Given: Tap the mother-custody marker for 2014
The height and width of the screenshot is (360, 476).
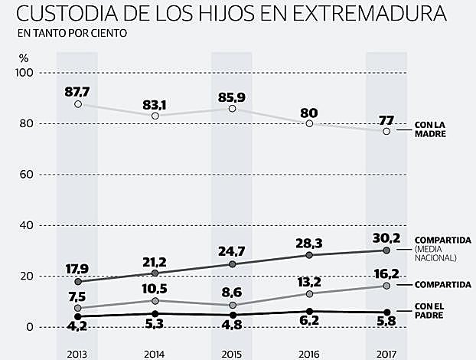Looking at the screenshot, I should click(155, 116).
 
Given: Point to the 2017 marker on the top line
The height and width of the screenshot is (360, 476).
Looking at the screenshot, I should click(386, 131).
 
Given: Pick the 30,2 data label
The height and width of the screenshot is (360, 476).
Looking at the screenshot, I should click(386, 237).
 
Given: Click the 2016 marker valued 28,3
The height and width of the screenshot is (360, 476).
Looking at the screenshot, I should click(309, 255).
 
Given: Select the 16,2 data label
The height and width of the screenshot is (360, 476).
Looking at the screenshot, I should click(386, 272).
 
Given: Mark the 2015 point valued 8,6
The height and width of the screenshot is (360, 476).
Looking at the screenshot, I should click(232, 305).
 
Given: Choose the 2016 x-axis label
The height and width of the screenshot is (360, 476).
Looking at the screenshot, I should click(309, 354).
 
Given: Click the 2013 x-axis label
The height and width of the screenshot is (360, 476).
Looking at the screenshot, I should click(77, 354).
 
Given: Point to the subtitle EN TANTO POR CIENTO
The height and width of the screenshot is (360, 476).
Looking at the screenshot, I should click(68, 34).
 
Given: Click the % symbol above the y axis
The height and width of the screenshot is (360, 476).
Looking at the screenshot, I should click(24, 57).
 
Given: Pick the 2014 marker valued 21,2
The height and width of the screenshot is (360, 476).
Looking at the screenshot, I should click(155, 273).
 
